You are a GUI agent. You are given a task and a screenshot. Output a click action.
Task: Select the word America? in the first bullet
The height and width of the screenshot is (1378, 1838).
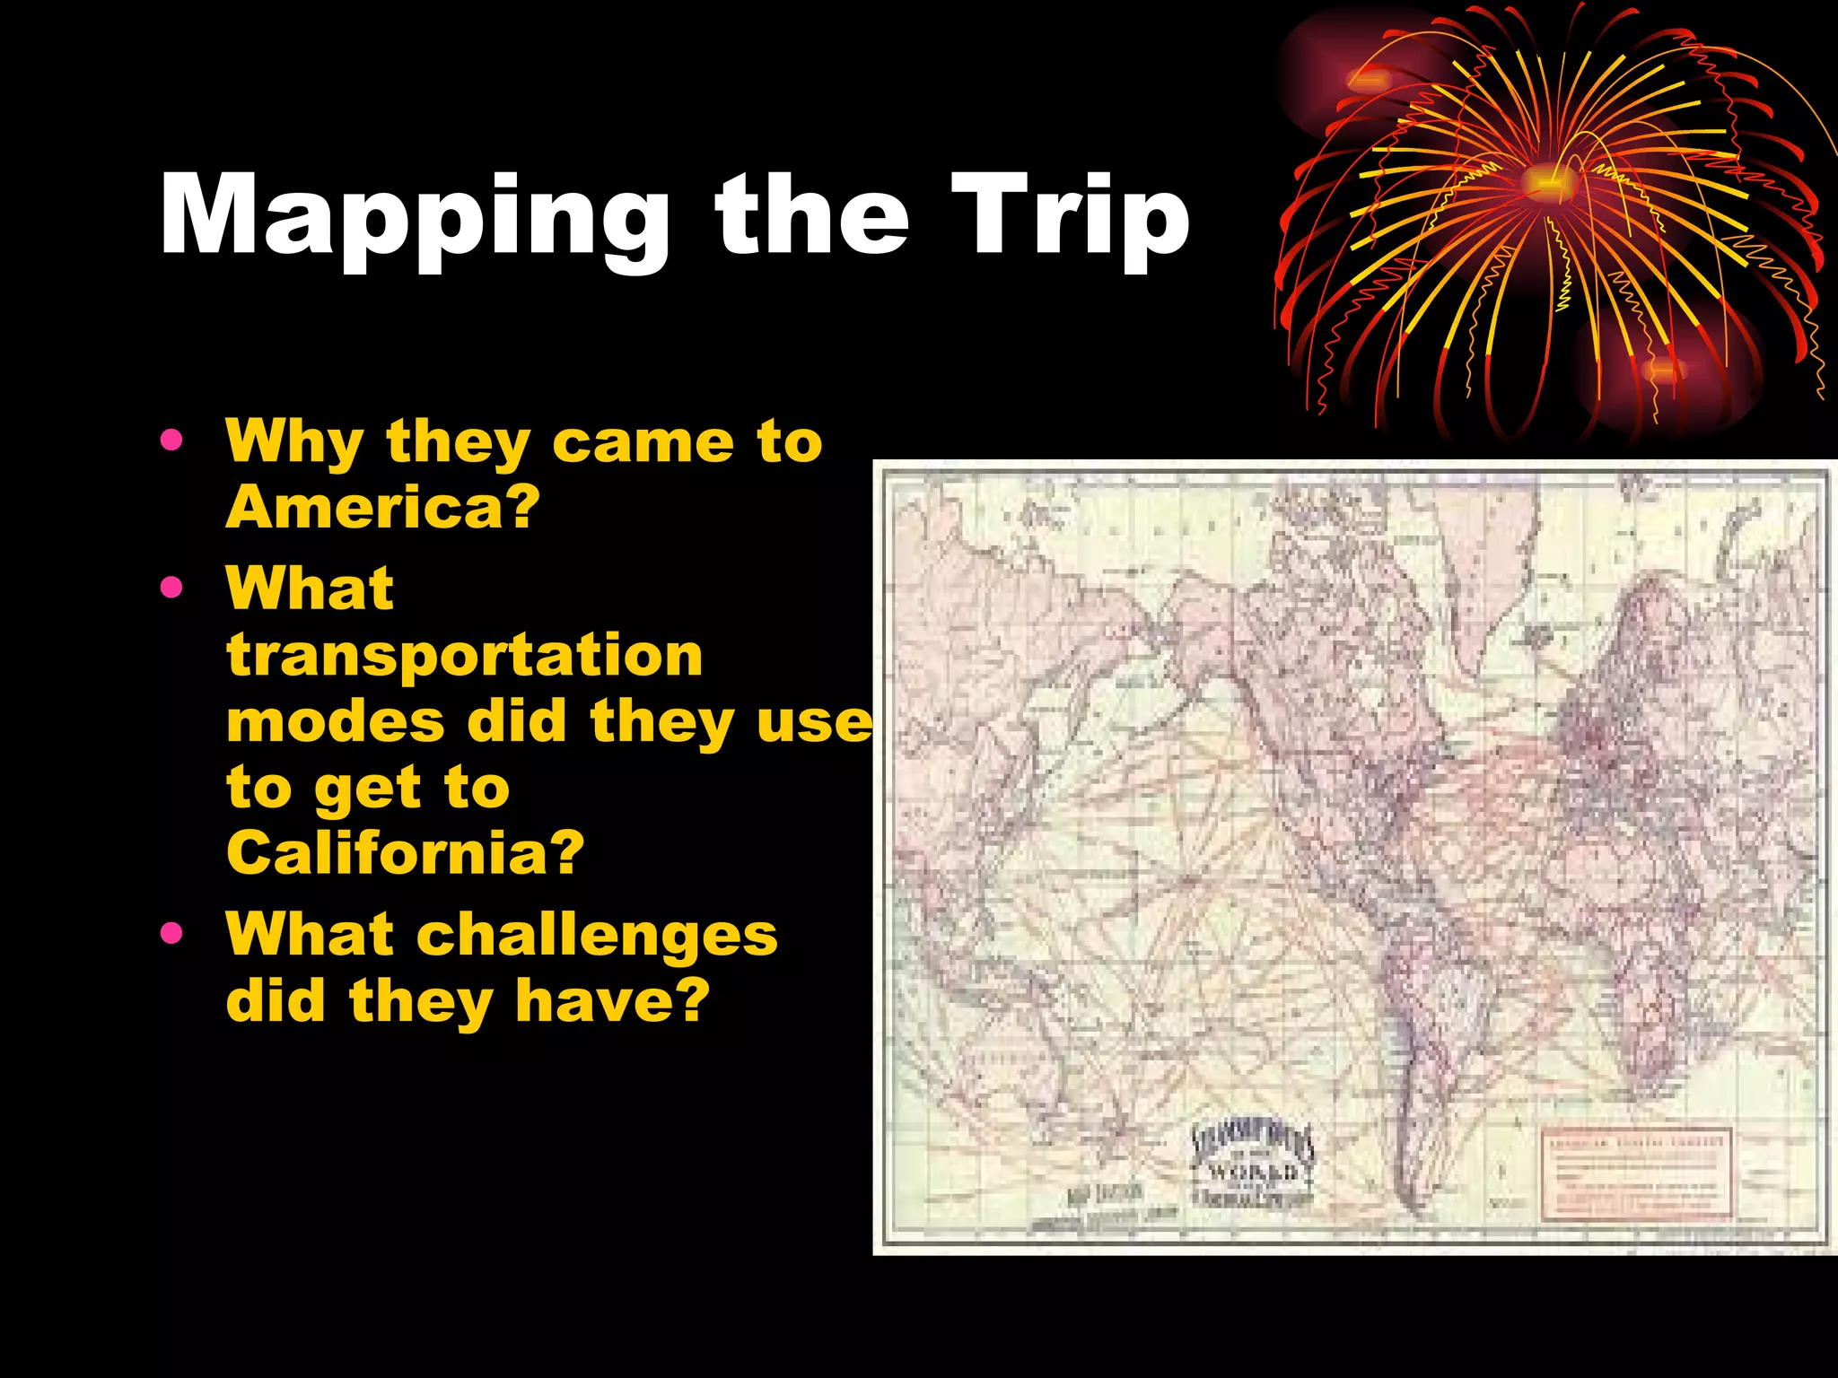pos(382,508)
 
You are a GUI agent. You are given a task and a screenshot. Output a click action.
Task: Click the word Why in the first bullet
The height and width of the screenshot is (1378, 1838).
pos(293,442)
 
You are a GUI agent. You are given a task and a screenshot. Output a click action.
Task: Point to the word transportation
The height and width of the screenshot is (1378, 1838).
pos(464,656)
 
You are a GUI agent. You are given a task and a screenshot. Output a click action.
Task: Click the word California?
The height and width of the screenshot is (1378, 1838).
pos(405,852)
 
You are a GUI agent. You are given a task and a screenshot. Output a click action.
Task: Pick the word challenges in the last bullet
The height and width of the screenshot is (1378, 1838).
pos(597,935)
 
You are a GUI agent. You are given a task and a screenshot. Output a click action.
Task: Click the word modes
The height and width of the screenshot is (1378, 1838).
pos(336,721)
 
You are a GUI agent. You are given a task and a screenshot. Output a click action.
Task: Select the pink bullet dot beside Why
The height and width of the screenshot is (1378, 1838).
pos(171,440)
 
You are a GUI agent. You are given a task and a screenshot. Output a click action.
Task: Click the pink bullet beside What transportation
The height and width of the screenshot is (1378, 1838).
pos(171,588)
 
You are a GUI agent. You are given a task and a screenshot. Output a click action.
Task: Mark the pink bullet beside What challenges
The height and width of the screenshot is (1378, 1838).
pos(171,934)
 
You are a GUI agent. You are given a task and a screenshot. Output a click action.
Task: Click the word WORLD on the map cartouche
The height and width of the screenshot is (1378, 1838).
pos(1253,1171)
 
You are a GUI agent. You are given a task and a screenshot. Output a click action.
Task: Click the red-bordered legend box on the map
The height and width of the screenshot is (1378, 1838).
pos(1635,1173)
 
